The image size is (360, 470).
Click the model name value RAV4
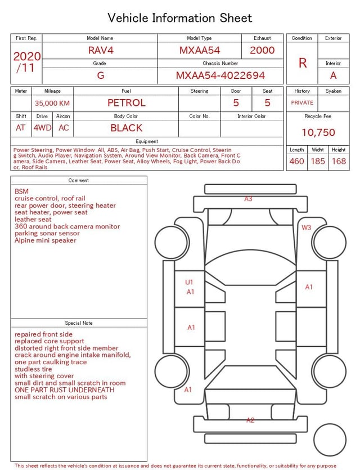101,50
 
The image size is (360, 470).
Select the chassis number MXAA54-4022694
220,75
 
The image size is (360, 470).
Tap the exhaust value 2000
262,50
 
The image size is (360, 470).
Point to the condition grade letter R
303,63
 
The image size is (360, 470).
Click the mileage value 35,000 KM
52,103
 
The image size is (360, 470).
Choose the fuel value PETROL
127,103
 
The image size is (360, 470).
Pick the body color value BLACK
127,128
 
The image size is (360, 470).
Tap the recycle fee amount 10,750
318,132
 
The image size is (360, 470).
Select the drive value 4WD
42,128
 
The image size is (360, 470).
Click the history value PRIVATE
302,102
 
